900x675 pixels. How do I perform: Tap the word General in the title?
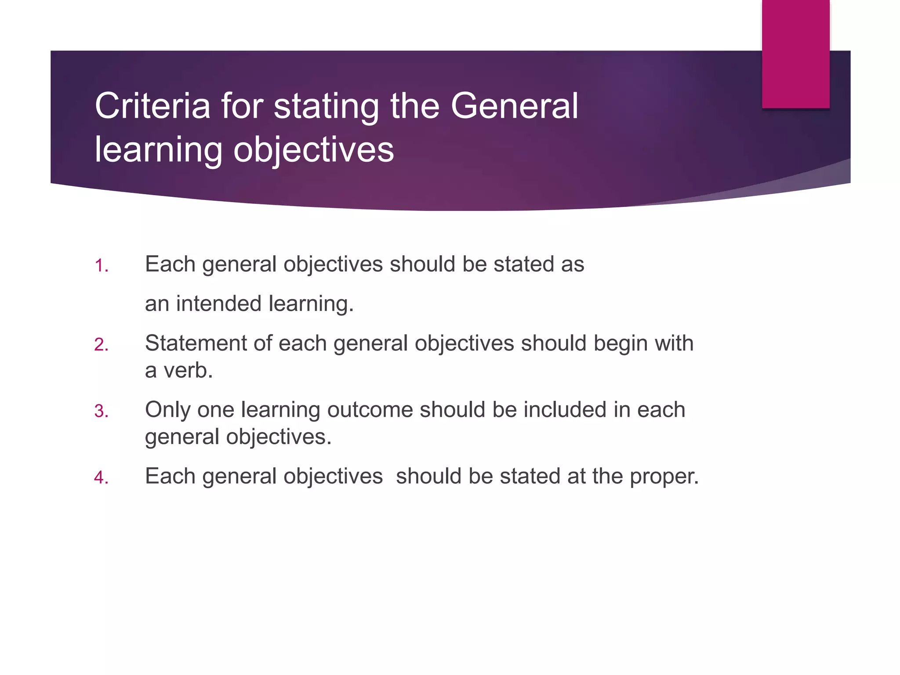pyautogui.click(x=514, y=106)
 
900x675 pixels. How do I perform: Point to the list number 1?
pyautogui.click(x=101, y=266)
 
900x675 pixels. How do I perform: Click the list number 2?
pyautogui.click(x=101, y=345)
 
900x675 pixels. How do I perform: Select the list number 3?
pyautogui.click(x=101, y=411)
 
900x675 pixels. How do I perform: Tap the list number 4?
pyautogui.click(x=101, y=478)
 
